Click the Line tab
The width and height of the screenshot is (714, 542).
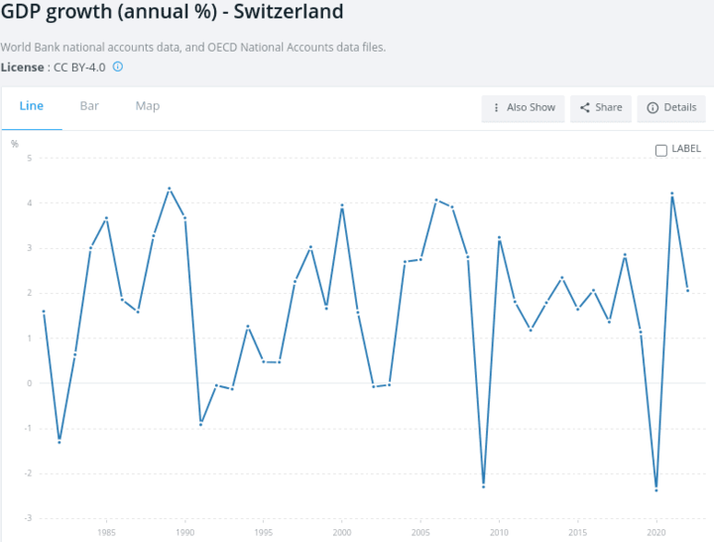coord(32,106)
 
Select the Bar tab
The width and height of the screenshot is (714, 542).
coord(89,106)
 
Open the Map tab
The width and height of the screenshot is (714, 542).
coord(148,106)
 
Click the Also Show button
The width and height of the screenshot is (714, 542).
coord(524,108)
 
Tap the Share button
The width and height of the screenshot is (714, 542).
coord(601,108)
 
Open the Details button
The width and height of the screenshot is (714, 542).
coord(672,108)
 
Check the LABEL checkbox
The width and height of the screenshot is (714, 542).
coord(661,150)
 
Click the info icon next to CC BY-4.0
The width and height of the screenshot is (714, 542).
coord(117,67)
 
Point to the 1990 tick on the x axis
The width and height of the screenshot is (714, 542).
coord(185,532)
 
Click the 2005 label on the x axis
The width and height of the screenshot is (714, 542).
coord(420,532)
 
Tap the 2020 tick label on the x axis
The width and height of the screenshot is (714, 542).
coord(655,532)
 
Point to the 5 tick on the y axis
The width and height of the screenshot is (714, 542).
coord(30,159)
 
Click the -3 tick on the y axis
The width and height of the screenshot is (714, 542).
coord(29,518)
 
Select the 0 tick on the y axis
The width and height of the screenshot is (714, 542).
coord(30,383)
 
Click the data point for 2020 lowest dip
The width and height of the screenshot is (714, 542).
coord(656,490)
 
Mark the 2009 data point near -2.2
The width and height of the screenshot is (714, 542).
coord(484,484)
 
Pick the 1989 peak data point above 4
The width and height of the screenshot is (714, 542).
coord(170,188)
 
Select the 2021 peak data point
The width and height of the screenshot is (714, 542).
coord(672,194)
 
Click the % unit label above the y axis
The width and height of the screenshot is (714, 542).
coord(15,144)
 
